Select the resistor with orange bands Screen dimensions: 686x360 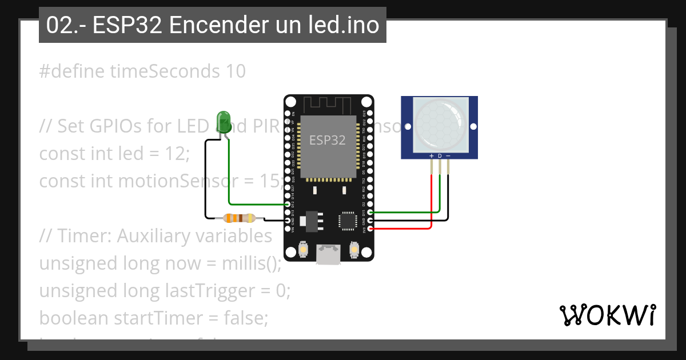click(x=240, y=218)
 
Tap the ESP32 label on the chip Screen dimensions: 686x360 click(x=327, y=140)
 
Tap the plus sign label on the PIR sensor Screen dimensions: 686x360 click(x=431, y=156)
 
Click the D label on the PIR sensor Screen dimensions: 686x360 click(x=440, y=156)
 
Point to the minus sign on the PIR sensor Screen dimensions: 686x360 click(x=448, y=156)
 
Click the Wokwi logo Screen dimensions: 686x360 click(x=607, y=315)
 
